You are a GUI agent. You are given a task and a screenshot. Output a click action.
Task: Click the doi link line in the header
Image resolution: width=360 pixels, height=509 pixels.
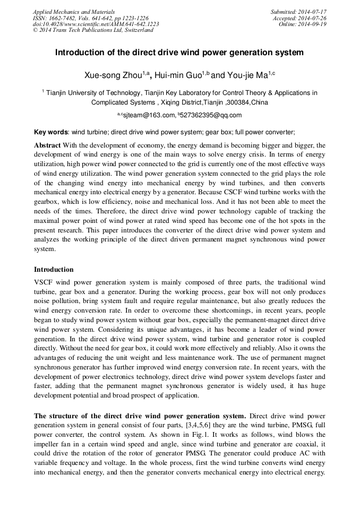(x=96, y=24)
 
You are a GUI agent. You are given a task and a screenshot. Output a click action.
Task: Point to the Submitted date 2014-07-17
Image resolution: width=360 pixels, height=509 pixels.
(x=312, y=12)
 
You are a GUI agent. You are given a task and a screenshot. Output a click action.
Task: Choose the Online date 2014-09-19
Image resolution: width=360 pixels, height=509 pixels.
(x=312, y=24)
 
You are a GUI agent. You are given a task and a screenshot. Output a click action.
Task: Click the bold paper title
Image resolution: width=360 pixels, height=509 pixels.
(x=179, y=53)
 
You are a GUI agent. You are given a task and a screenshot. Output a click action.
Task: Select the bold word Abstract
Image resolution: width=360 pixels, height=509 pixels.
(x=47, y=145)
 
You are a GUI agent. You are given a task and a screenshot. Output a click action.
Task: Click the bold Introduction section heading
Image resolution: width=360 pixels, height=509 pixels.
(x=54, y=270)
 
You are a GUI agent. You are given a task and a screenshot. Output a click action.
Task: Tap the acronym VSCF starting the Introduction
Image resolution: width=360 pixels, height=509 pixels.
(x=44, y=282)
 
